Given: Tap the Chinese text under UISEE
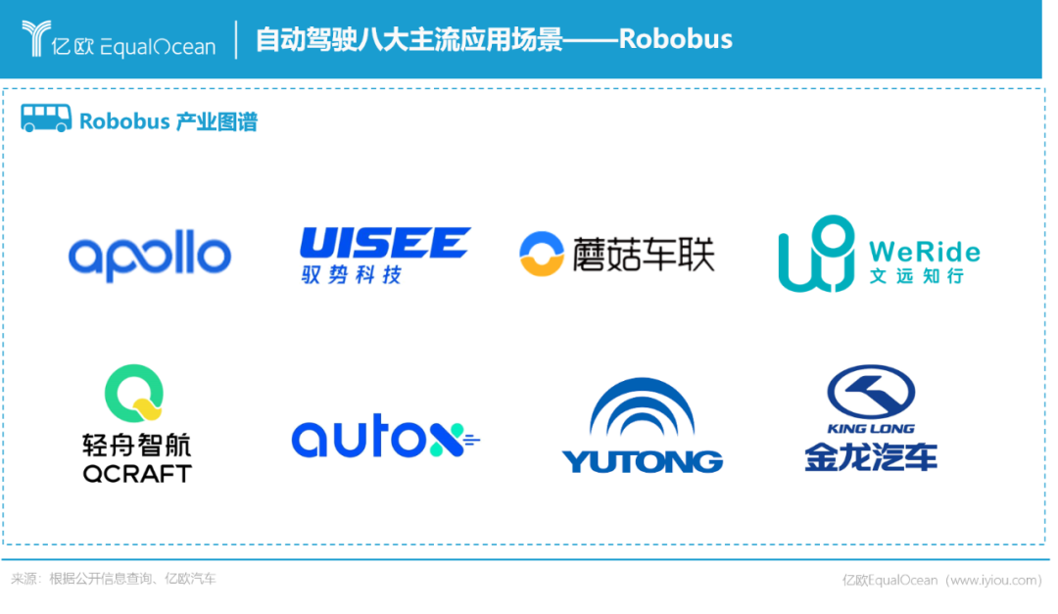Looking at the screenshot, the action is click(x=353, y=275).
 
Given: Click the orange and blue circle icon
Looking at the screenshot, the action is click(x=540, y=253).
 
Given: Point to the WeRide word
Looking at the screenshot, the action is click(x=924, y=252).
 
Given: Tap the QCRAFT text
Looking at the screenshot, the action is click(x=137, y=474).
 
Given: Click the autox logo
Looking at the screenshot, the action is click(x=386, y=439).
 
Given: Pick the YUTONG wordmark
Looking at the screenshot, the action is click(x=642, y=460).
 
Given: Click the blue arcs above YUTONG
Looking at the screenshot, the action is click(x=642, y=409).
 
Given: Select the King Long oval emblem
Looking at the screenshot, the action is click(x=871, y=391).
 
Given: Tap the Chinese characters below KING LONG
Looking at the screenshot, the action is click(x=871, y=456).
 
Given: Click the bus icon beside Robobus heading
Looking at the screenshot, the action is click(x=46, y=119).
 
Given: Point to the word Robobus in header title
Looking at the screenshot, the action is click(x=675, y=40).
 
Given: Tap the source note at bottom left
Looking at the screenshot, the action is click(x=114, y=579).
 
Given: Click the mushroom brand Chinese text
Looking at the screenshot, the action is click(x=644, y=254).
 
